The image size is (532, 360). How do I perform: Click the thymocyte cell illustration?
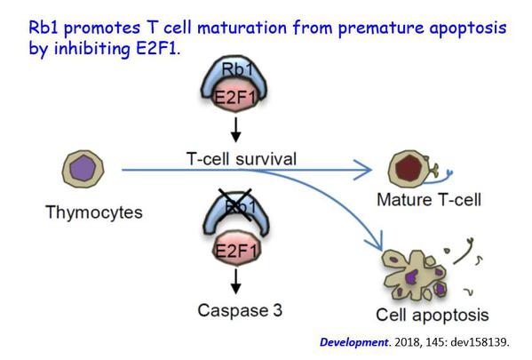click(x=83, y=169)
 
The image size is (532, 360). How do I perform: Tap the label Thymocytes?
click(x=94, y=213)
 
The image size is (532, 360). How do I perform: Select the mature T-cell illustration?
click(x=420, y=169)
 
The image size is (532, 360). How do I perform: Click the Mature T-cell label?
click(x=429, y=199)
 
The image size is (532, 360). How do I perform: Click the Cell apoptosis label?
click(x=433, y=316)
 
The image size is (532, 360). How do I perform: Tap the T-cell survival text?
click(x=242, y=159)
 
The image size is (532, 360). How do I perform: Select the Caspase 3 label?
click(x=240, y=310)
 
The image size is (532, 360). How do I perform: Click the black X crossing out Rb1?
click(x=235, y=204)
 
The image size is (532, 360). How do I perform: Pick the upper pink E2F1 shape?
click(x=234, y=97)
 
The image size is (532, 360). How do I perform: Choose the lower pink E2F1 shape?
click(x=236, y=251)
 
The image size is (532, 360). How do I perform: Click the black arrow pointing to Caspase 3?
click(x=236, y=281)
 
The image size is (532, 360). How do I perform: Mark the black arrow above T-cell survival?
click(x=236, y=130)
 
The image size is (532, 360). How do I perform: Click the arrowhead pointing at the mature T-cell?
click(x=364, y=170)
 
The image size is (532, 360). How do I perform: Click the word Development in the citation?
click(x=353, y=342)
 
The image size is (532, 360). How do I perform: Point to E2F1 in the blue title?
click(x=156, y=49)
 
